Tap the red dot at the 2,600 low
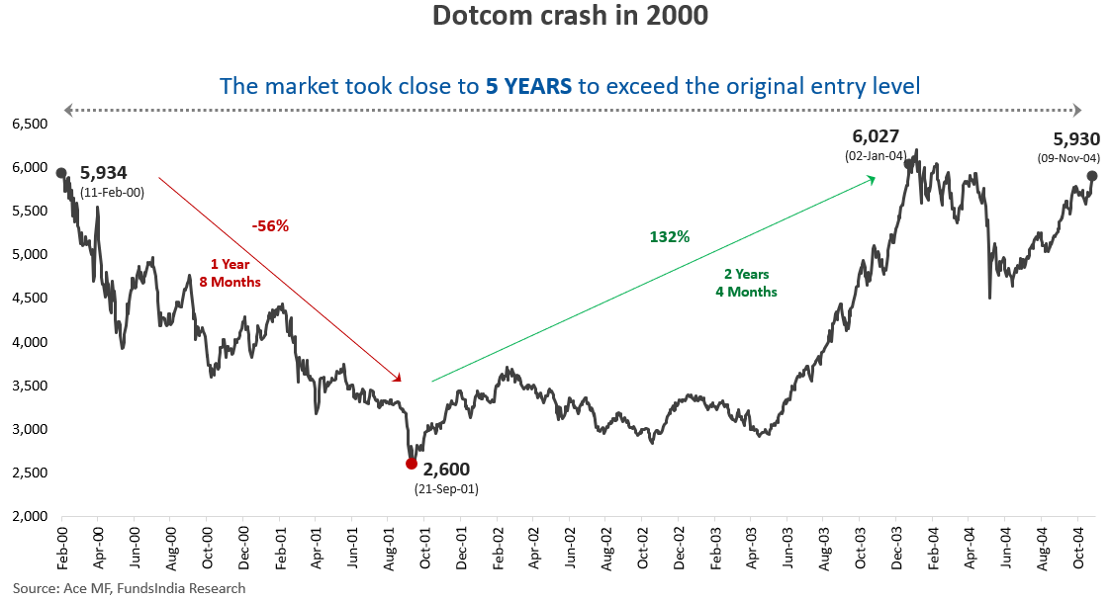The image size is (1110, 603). coord(412,463)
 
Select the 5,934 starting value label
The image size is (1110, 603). coord(104,174)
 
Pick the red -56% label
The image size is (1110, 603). coord(270,226)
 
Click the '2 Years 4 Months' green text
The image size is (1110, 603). coord(746,283)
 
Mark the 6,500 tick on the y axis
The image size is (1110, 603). coord(29,124)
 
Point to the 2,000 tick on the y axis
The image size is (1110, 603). coord(29,516)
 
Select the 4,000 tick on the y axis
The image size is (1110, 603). coord(29,342)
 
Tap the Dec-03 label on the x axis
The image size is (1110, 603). coord(897,547)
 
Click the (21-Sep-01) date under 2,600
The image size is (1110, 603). coord(446,488)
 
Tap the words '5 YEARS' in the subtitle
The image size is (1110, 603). coord(528,86)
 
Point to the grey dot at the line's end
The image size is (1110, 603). coord(1091,176)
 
